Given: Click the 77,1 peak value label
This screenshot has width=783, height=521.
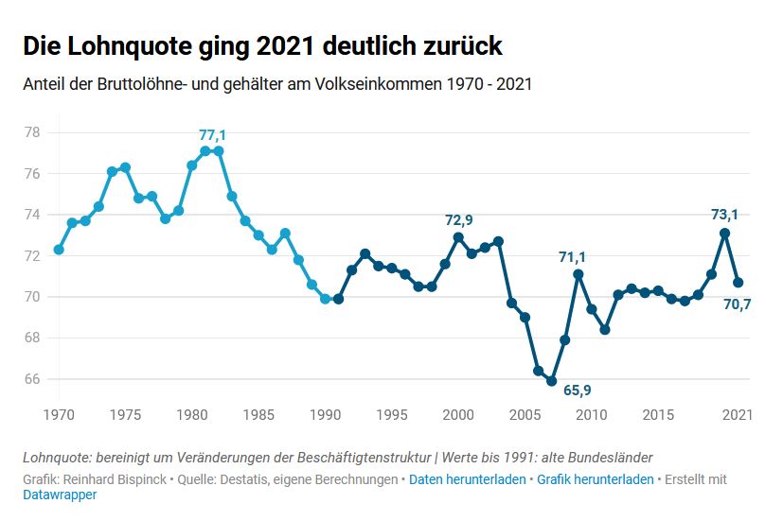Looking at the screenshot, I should pyautogui.click(x=212, y=135).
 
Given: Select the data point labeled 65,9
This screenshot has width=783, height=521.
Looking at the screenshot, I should pyautogui.click(x=551, y=381).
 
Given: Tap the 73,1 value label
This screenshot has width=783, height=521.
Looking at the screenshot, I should pyautogui.click(x=725, y=215).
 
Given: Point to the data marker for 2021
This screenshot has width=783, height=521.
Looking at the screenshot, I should pyautogui.click(x=739, y=283).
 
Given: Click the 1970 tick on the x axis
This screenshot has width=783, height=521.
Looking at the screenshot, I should pyautogui.click(x=59, y=413).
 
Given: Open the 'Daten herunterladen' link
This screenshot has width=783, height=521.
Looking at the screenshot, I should pyautogui.click(x=467, y=479).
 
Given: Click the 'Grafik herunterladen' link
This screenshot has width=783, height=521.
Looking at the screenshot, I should pyautogui.click(x=595, y=479).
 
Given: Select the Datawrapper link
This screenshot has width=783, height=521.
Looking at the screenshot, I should pyautogui.click(x=59, y=495).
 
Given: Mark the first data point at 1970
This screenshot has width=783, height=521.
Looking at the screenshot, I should pyautogui.click(x=59, y=250).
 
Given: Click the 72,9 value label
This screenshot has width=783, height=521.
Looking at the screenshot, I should pyautogui.click(x=458, y=220).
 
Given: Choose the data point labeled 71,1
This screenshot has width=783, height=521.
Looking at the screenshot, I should pyautogui.click(x=578, y=274).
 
